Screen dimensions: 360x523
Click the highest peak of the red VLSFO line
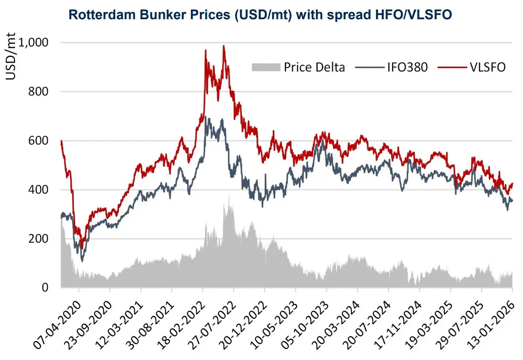point(224,46)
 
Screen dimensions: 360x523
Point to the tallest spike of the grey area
point(229,195)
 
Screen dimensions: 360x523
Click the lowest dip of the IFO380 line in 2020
point(82,260)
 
